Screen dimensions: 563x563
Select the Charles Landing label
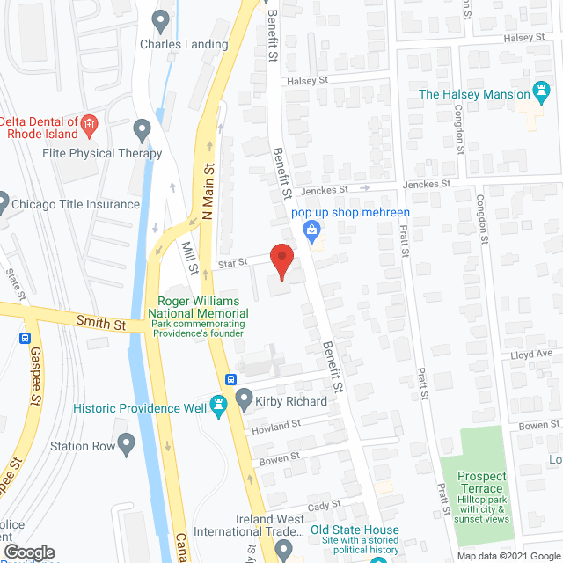[183, 44]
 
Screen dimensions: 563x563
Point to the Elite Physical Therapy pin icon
[141, 132]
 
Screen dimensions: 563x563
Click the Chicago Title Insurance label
[76, 204]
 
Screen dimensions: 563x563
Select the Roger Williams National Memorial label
[198, 305]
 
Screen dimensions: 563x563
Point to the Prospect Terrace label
[480, 482]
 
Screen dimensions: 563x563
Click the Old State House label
[355, 530]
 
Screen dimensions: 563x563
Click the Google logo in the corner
[30, 552]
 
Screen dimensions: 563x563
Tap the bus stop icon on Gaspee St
[24, 338]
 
